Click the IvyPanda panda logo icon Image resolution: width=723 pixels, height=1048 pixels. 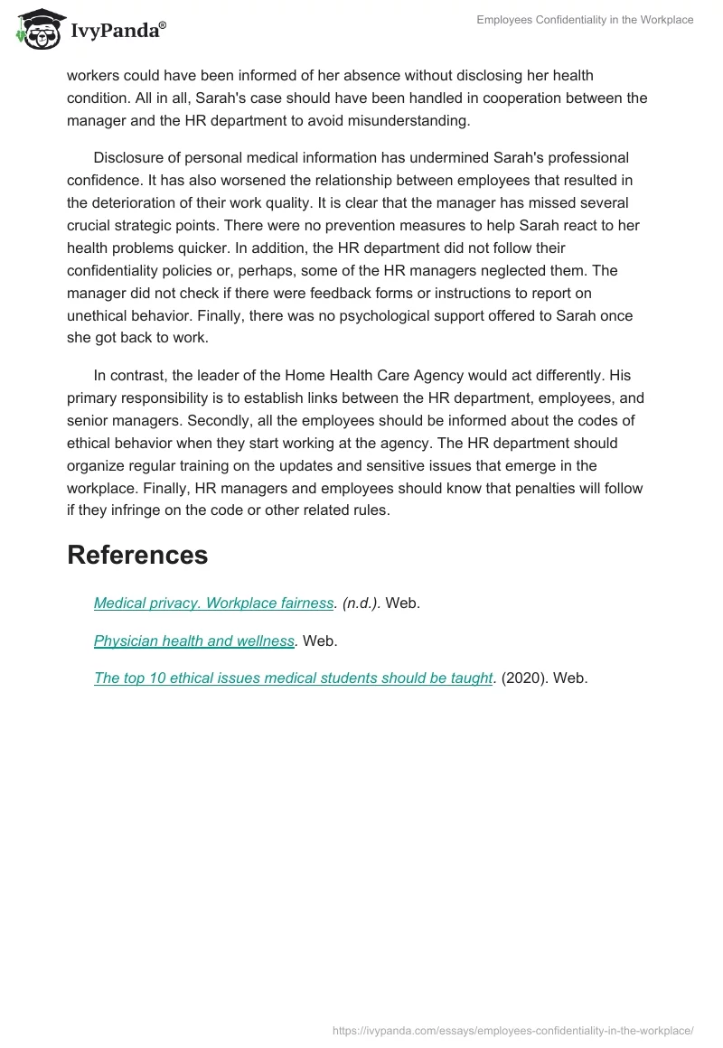click(x=37, y=30)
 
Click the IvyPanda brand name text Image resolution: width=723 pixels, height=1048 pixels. click(x=117, y=32)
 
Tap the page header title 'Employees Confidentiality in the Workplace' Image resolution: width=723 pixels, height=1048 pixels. click(x=585, y=20)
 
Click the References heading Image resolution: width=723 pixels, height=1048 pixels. click(x=137, y=555)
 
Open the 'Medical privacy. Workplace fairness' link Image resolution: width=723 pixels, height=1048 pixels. click(x=213, y=604)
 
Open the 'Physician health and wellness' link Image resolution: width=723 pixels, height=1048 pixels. click(x=194, y=641)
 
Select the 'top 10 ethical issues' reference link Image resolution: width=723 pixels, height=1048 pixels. click(x=294, y=678)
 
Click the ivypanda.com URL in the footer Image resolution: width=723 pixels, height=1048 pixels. click(x=512, y=1030)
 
